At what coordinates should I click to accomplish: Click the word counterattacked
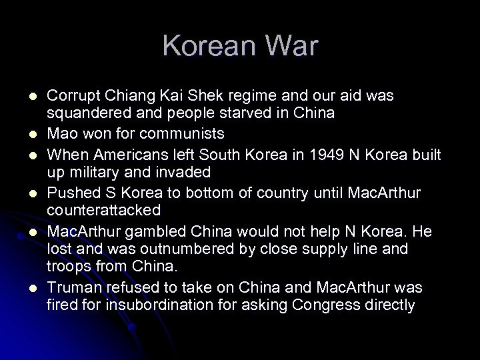tap(104, 211)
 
